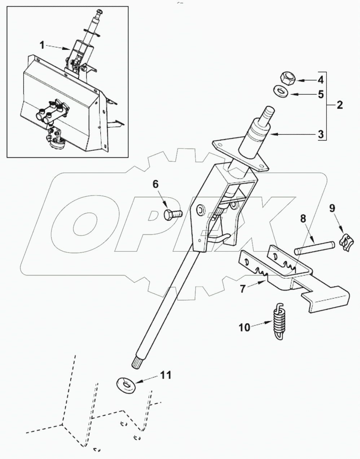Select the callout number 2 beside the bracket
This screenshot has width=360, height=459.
click(339, 105)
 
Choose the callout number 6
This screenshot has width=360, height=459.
click(155, 184)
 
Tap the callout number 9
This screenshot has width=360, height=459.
click(332, 208)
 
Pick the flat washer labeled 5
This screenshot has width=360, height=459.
click(280, 91)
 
